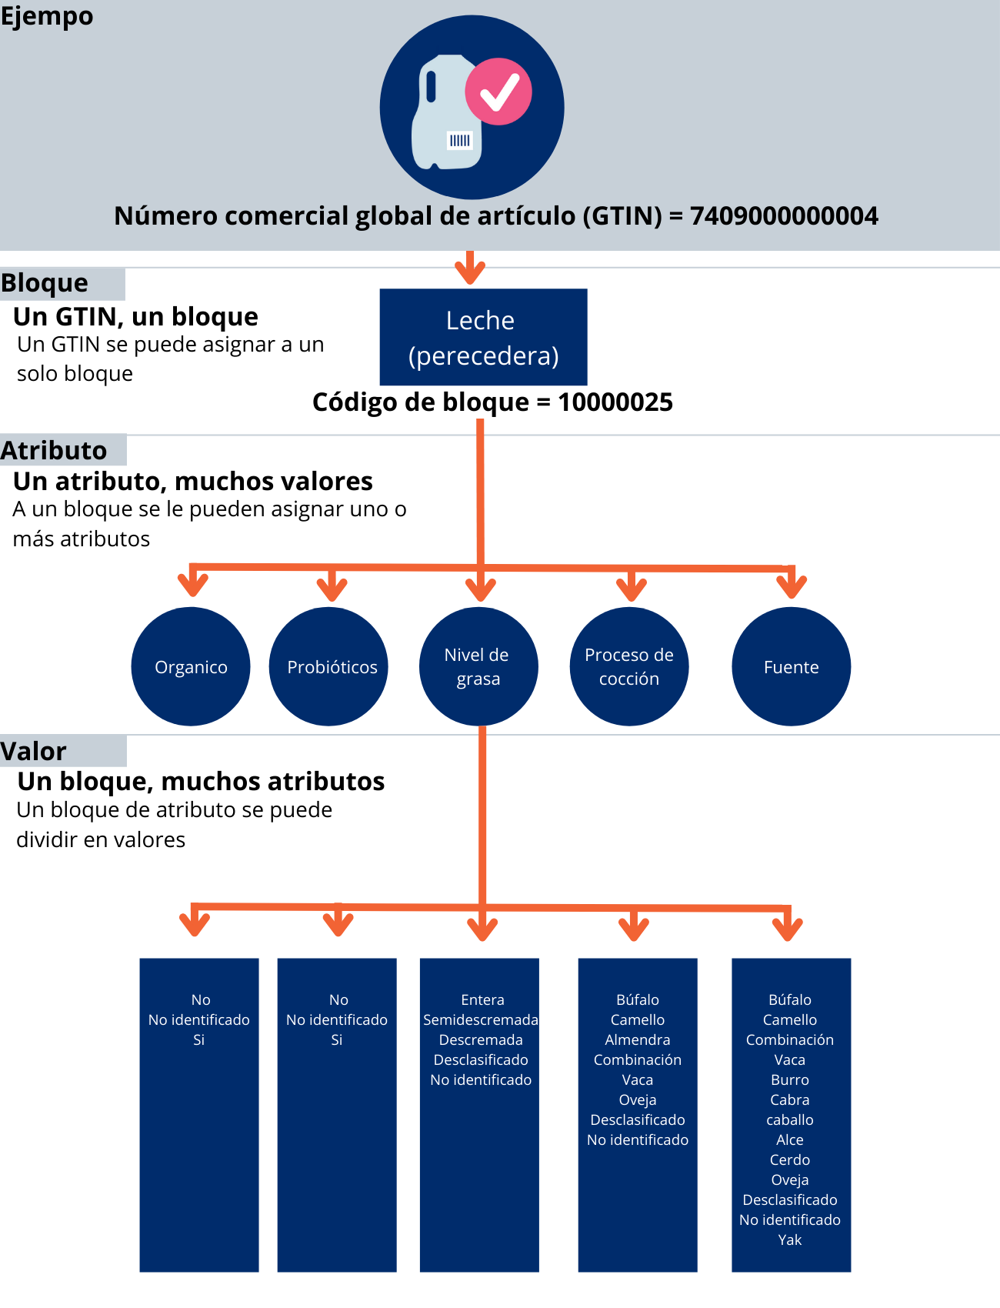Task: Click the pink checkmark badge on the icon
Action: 498,92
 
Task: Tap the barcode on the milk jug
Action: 459,140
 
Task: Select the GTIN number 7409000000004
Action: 784,216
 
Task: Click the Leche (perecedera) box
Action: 483,337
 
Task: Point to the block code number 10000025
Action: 615,402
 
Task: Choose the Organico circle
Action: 191,667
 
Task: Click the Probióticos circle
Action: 332,667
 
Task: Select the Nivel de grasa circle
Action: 478,667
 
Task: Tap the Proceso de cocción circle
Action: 628,667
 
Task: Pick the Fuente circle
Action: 791,667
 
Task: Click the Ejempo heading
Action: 47,15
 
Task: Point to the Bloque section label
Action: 45,283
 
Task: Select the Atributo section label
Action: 54,450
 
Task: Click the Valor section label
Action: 34,751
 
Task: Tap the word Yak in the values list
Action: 790,1240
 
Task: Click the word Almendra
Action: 637,1039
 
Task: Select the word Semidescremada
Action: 480,1019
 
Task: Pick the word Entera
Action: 482,999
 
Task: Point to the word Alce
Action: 790,1139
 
